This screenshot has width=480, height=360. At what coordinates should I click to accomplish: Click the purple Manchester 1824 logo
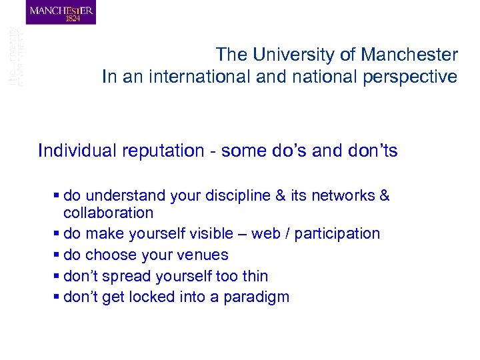point(61,13)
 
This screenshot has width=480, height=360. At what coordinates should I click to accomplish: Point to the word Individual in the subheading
point(77,151)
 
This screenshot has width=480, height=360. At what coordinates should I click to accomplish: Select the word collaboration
point(108,213)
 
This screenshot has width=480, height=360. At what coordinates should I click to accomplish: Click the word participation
point(337,233)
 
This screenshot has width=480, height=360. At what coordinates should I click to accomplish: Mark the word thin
point(255,276)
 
